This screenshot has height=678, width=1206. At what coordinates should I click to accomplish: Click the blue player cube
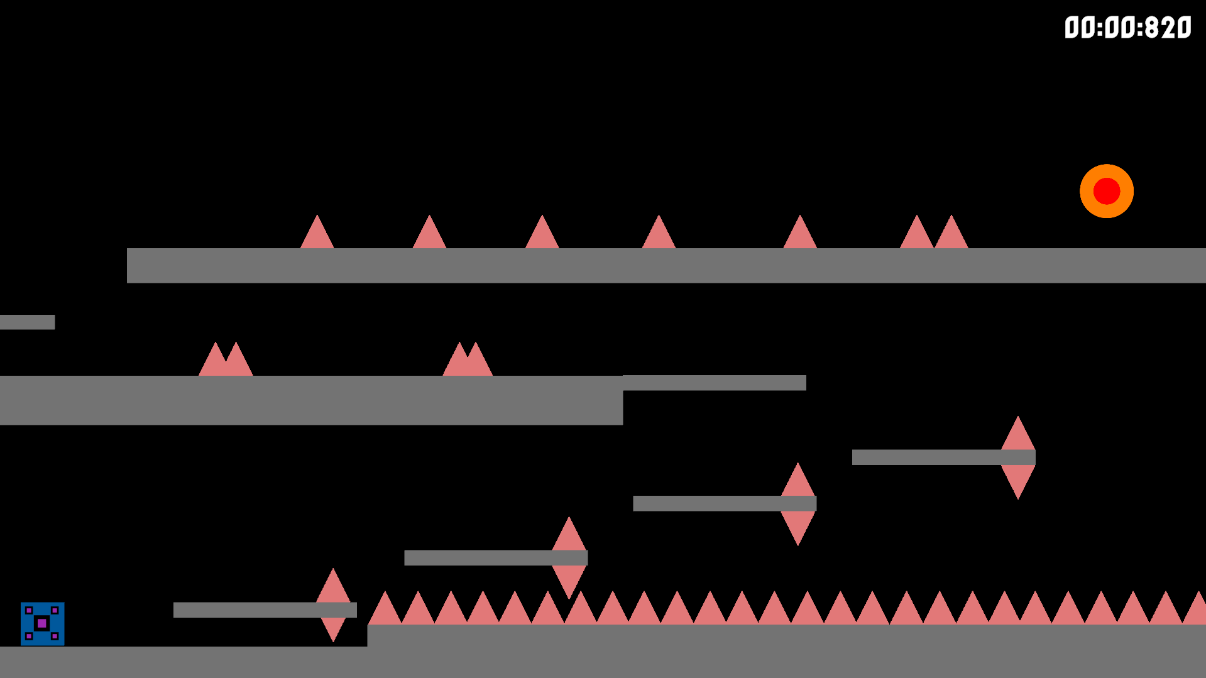[x=42, y=623]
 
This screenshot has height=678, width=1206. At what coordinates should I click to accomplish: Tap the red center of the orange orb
[x=1106, y=191]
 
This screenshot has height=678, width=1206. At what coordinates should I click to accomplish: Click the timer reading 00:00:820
[x=1127, y=28]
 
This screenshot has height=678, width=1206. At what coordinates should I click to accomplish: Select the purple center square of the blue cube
[x=42, y=623]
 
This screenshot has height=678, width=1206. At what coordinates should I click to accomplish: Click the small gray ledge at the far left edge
[x=27, y=322]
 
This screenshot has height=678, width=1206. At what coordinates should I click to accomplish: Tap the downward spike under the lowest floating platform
[x=333, y=628]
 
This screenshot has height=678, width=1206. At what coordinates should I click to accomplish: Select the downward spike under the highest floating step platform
[x=1017, y=480]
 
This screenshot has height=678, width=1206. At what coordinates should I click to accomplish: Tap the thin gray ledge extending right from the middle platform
[x=715, y=383]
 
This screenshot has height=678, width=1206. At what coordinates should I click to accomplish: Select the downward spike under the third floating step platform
[x=798, y=526]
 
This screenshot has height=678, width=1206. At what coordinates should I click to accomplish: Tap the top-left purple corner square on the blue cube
[x=29, y=610]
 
